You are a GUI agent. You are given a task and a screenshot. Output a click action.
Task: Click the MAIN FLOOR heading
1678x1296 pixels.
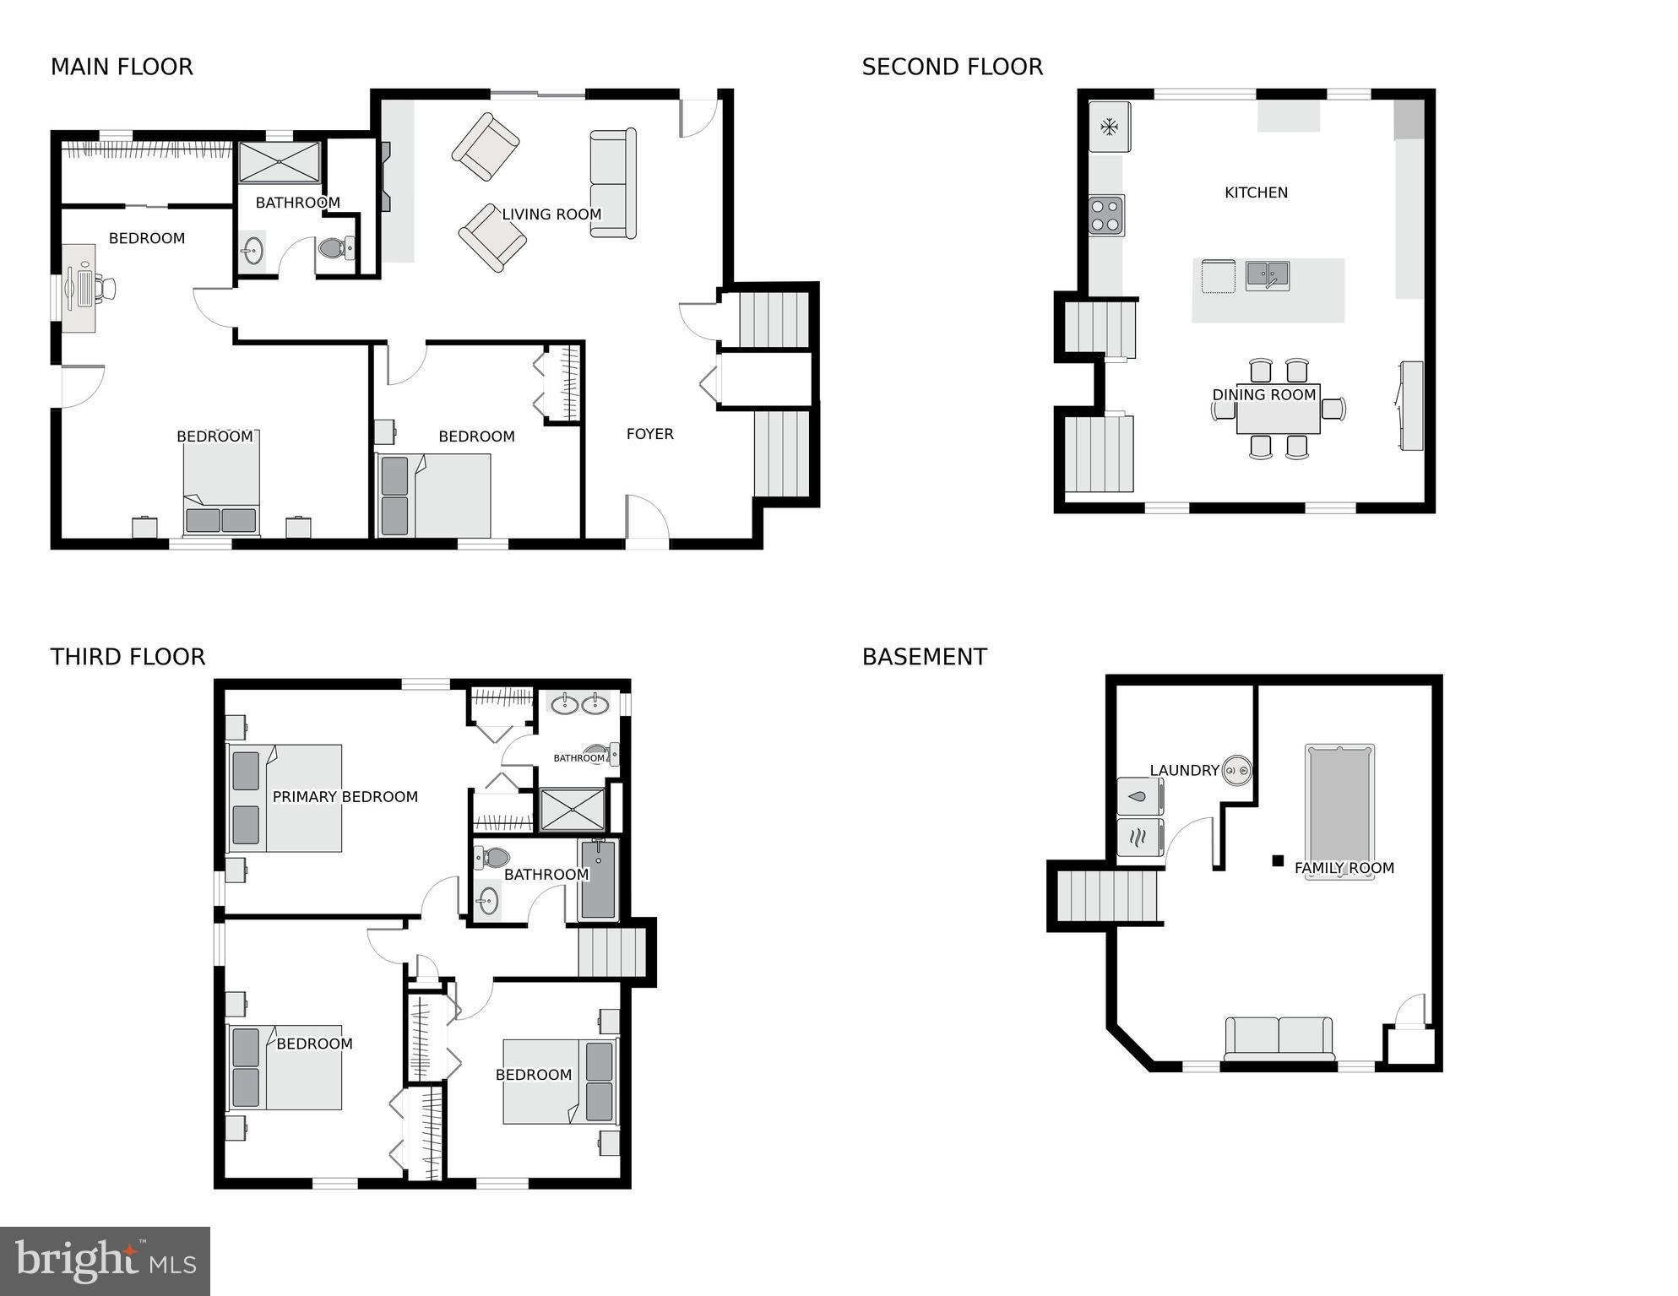(122, 67)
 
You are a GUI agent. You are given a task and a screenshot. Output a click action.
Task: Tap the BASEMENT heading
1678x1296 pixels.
(924, 657)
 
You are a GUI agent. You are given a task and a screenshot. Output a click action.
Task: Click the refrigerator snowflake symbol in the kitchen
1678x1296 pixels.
(1109, 127)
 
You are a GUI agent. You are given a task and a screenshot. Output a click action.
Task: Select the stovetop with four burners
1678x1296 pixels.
(1105, 214)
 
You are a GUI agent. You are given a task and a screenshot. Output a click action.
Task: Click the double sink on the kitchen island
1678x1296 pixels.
(1268, 275)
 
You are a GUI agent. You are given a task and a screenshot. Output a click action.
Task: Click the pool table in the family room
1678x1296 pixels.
(1339, 811)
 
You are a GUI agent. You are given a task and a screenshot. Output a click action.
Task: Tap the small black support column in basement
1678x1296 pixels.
(1278, 861)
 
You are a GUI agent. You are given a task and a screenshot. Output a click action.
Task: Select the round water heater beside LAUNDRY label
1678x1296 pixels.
(1238, 770)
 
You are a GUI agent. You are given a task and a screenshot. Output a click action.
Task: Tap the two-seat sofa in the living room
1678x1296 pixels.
(612, 183)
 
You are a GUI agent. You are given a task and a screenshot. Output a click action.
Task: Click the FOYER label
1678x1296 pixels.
(649, 434)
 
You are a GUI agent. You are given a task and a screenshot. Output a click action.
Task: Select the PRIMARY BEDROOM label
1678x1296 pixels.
(345, 797)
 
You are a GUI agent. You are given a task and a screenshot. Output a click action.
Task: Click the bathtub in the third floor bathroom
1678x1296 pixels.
(598, 880)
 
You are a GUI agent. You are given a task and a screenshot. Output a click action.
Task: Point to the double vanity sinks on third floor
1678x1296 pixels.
(580, 703)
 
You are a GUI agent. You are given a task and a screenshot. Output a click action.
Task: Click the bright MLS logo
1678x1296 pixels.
(105, 1261)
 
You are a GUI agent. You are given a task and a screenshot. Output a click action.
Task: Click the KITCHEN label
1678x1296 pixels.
(1256, 193)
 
